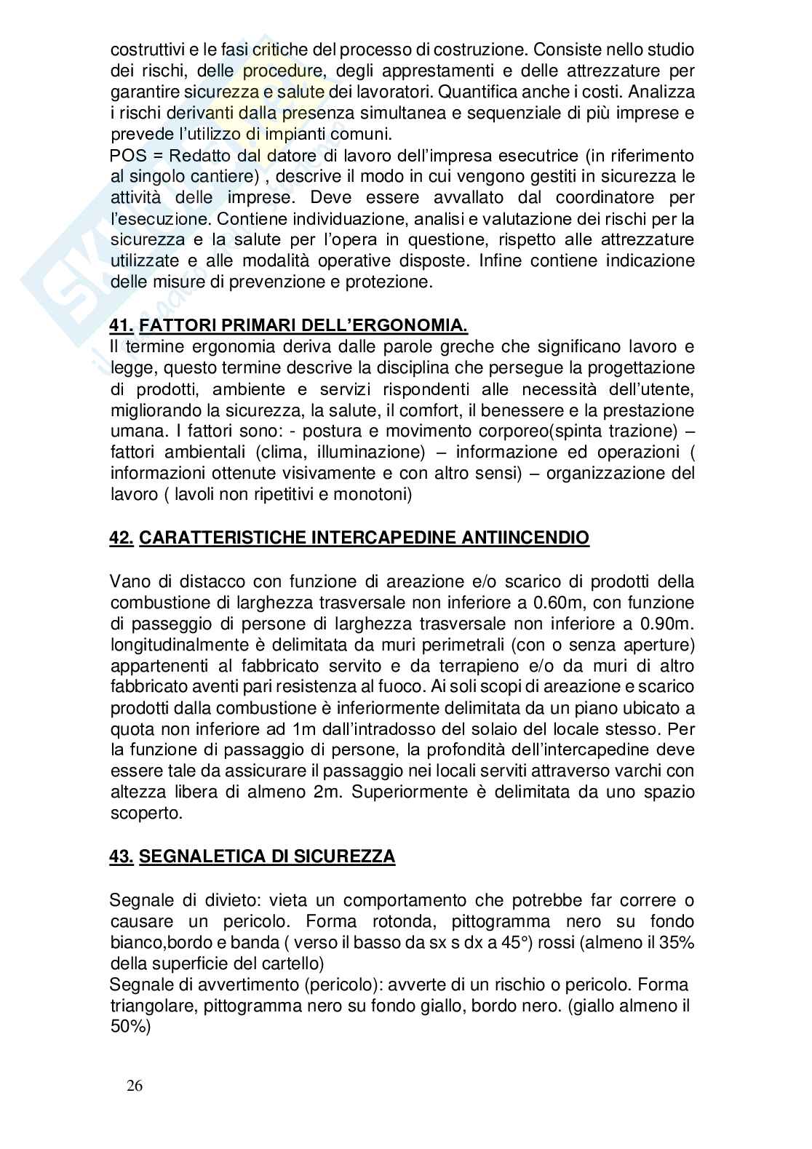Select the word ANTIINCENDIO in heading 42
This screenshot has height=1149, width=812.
click(x=525, y=538)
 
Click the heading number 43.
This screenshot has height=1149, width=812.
click(x=121, y=856)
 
